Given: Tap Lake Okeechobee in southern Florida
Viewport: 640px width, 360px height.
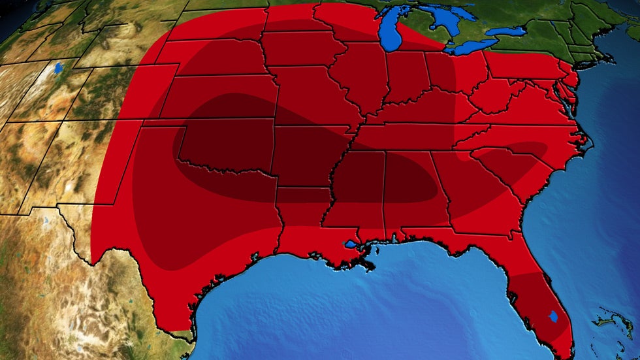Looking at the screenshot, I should tap(554, 316).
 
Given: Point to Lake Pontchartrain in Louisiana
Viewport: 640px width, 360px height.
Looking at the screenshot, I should tap(353, 244).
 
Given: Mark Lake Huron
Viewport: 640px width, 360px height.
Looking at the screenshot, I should tap(444, 20).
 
